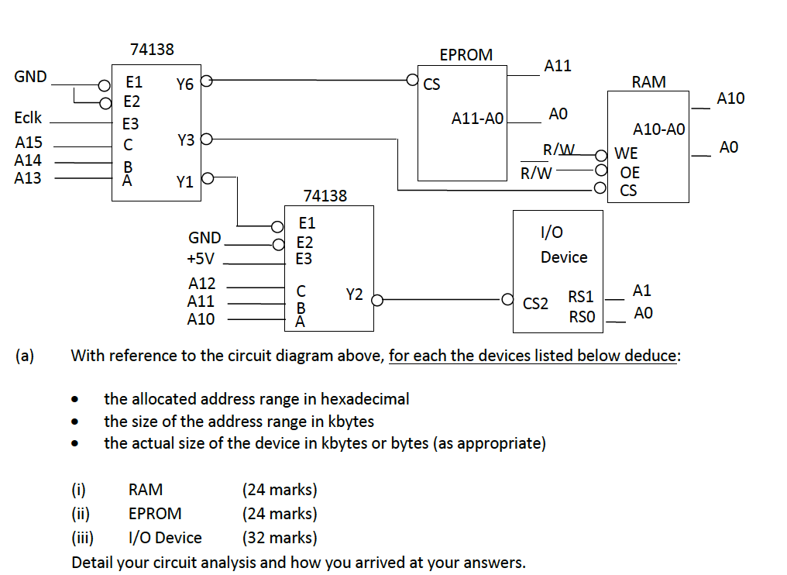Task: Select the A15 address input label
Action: [29, 143]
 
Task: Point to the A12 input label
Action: [201, 284]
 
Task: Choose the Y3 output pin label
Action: [185, 141]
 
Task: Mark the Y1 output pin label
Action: [184, 183]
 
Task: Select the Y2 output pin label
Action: [354, 294]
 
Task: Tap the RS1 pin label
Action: [581, 296]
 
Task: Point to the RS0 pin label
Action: [581, 315]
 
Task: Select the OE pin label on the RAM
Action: [629, 172]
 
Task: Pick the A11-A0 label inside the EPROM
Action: [477, 119]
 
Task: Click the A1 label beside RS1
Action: [642, 291]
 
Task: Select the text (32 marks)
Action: [280, 537]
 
